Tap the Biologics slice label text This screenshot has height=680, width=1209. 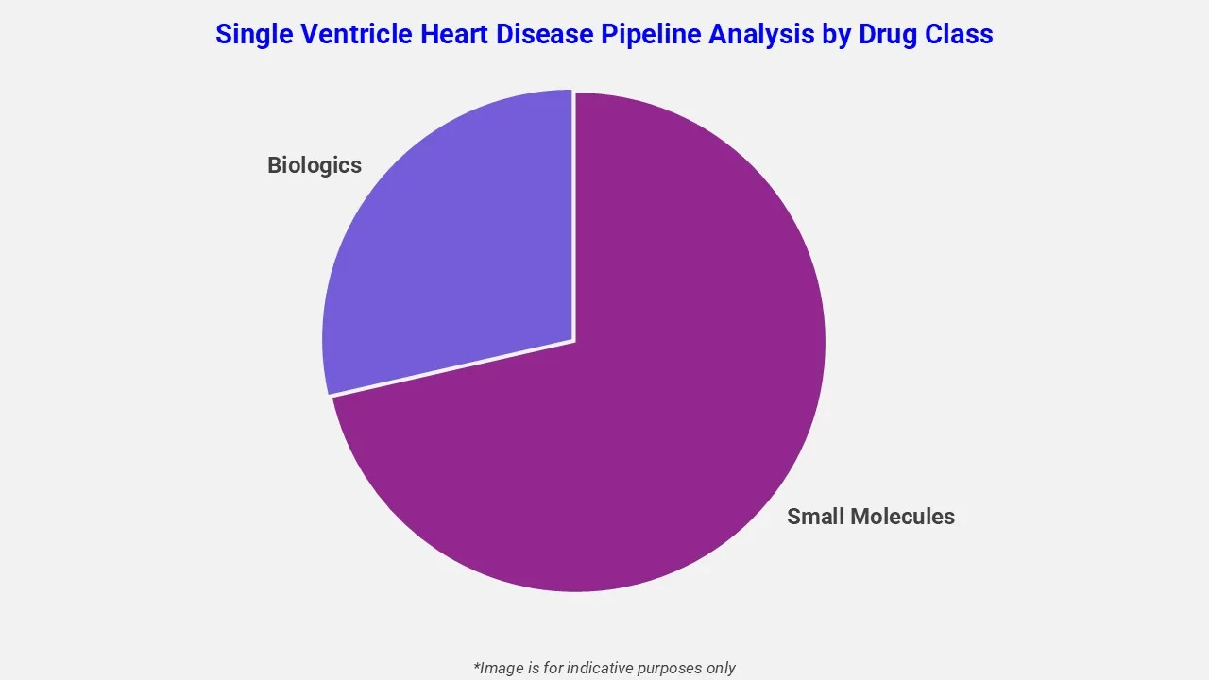[315, 165]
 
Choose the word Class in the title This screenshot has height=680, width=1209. [961, 34]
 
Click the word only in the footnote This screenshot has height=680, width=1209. [720, 668]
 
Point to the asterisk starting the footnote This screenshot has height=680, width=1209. [477, 665]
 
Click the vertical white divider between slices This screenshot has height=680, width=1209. [573, 217]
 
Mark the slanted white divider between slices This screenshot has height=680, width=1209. [451, 368]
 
